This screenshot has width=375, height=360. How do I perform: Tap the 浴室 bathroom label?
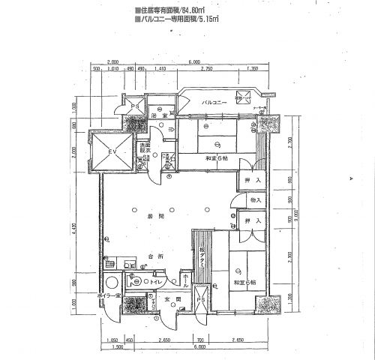(158, 117)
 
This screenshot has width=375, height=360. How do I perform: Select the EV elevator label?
(112, 152)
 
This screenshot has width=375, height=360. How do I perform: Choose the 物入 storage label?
(255, 200)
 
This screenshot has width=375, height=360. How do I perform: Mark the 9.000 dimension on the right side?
(276, 214)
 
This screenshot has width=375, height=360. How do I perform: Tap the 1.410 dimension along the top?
(160, 68)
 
